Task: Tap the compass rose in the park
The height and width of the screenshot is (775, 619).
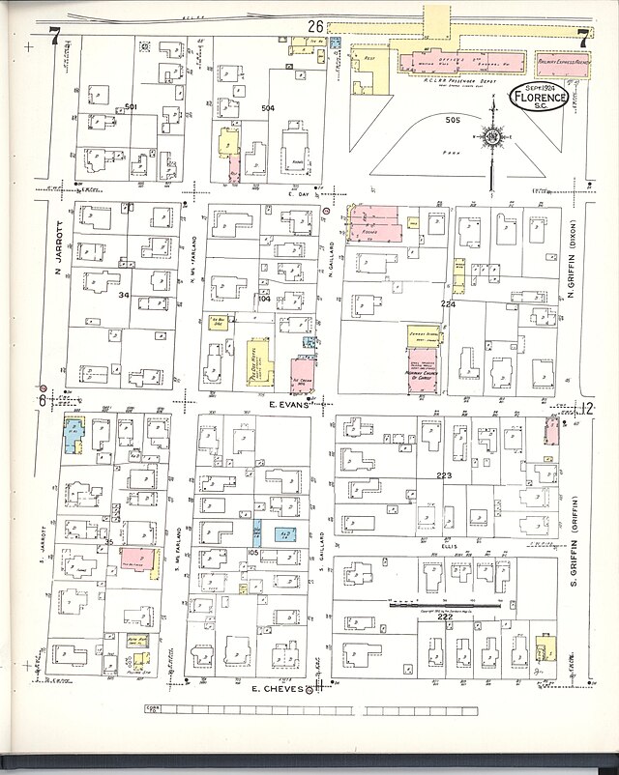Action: (x=494, y=140)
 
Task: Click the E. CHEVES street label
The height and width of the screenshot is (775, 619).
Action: (x=279, y=689)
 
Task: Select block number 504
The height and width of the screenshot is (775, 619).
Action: (x=268, y=109)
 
